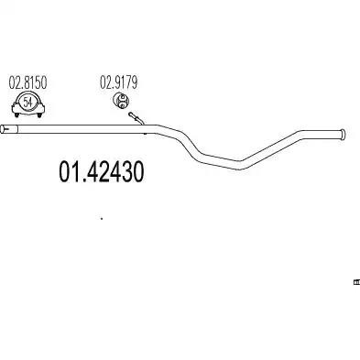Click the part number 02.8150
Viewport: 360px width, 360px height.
pos(27,83)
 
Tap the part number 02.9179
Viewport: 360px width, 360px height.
pos(119,82)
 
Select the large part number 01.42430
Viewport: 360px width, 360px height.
pos(101,172)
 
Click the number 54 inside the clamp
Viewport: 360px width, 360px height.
pos(27,102)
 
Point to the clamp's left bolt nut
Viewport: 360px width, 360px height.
pos(16,115)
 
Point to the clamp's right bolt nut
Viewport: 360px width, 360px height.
pos(39,115)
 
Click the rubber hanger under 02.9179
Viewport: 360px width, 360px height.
pos(121,101)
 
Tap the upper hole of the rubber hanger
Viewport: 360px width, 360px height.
pos(122,98)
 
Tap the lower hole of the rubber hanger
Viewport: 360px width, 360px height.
pos(122,105)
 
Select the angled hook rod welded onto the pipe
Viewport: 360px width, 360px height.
pos(136,118)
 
